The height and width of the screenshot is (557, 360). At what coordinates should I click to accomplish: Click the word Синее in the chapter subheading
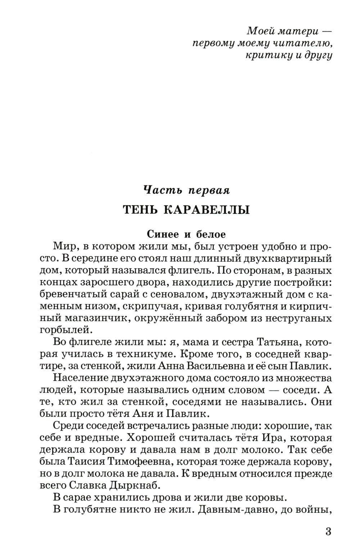tap(163, 234)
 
